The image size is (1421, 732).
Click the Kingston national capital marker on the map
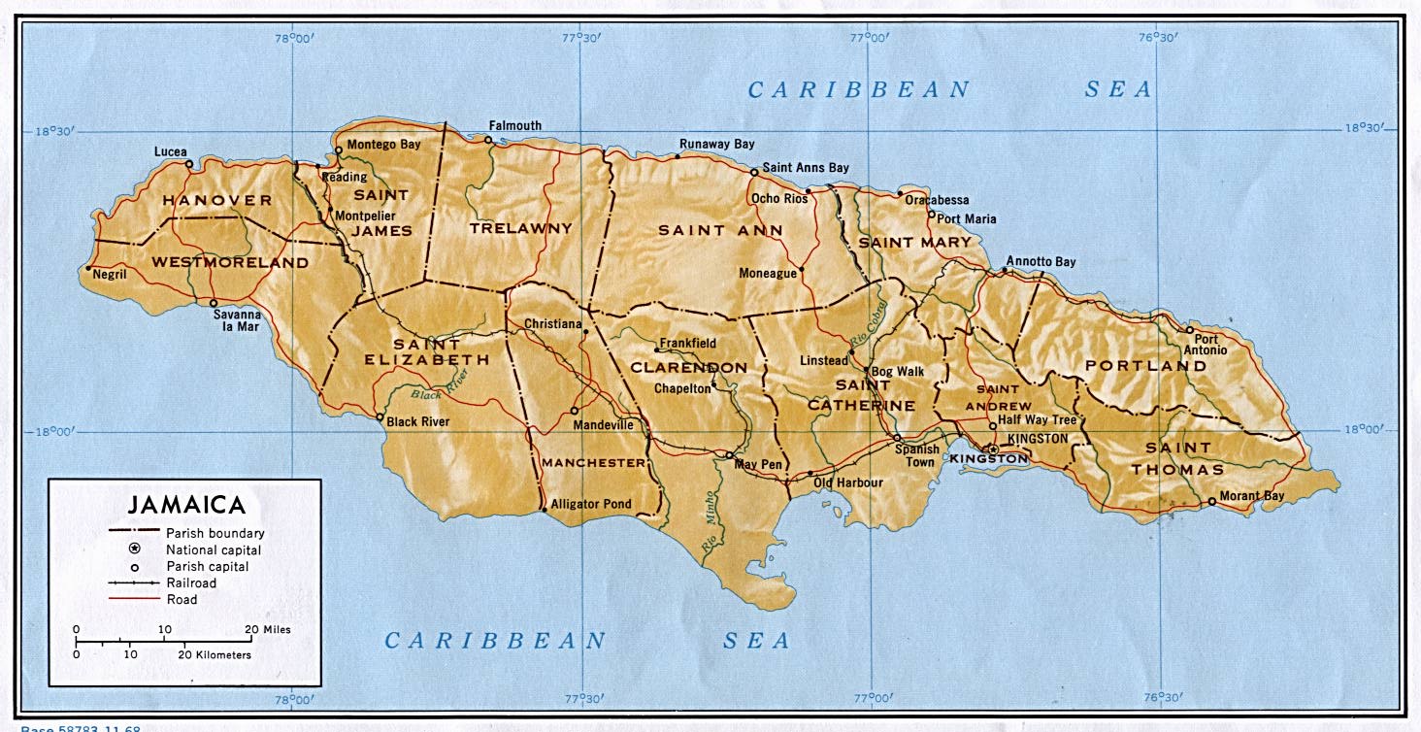992,449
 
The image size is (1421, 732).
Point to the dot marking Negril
88,269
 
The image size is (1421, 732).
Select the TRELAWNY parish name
520,228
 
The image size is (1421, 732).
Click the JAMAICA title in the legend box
186,505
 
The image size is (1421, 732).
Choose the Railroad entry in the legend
191,582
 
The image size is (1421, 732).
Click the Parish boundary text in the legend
215,532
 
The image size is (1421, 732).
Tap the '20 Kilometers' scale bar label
215,655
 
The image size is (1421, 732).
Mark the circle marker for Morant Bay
1211,502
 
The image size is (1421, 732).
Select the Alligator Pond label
590,504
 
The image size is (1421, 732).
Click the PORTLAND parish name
1145,366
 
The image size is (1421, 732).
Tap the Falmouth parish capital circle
488,141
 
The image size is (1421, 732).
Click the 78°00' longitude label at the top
293,39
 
